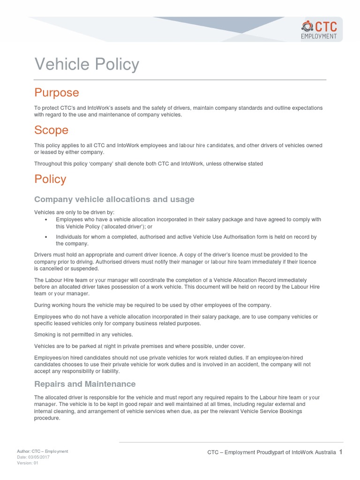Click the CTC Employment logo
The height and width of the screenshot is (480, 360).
319,30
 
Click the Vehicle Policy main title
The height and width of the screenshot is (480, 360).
87,64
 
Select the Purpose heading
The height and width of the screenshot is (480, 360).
57,92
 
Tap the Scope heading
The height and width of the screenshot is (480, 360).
51,130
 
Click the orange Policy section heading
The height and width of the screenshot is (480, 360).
50,179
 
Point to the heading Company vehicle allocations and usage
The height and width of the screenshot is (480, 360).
114,199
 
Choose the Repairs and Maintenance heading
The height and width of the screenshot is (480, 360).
85,384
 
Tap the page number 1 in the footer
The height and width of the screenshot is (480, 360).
341,452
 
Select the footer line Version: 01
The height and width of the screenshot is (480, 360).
28,463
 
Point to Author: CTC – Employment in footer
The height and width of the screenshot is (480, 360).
43,451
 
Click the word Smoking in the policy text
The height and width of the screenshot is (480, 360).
45,334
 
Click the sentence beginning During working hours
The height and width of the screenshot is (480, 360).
152,305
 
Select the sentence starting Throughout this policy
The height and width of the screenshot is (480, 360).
148,164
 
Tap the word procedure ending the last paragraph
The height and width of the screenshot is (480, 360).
47,418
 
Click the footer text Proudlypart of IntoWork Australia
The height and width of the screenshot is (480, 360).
296,452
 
